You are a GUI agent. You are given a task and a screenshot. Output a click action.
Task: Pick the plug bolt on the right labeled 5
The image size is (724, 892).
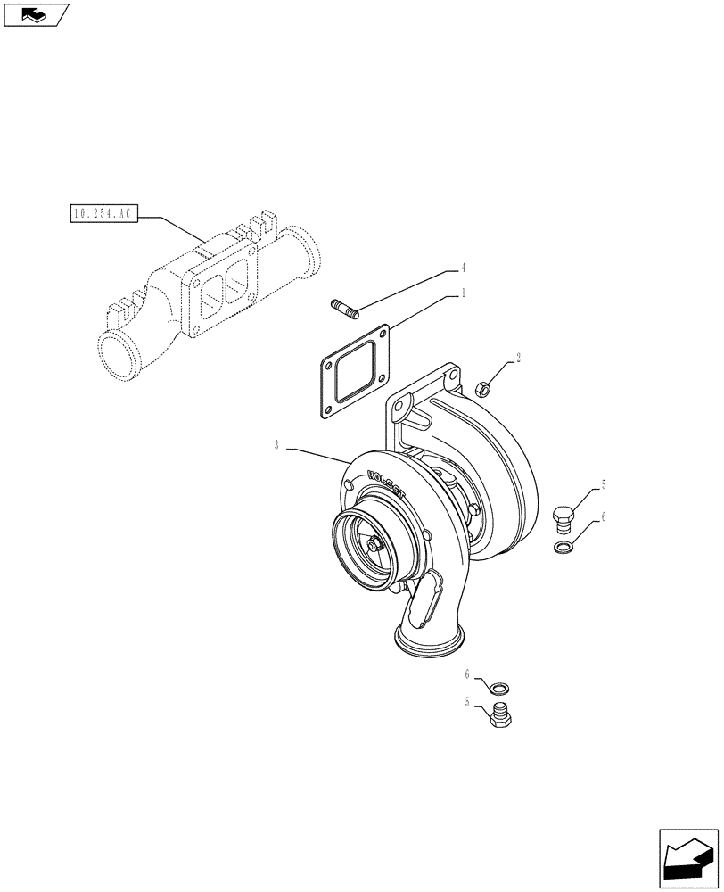[564, 517]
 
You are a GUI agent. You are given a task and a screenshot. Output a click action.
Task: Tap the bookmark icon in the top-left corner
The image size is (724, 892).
[36, 14]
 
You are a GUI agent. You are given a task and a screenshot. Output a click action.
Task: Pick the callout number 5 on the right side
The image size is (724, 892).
[604, 484]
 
